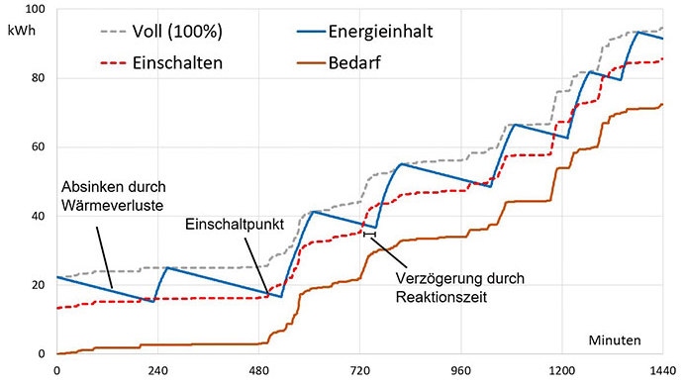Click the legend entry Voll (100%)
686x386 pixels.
click(x=177, y=32)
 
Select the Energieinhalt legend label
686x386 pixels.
click(x=381, y=32)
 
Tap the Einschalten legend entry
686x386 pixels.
click(x=177, y=63)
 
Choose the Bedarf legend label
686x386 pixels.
click(x=354, y=63)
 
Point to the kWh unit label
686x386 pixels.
click(x=22, y=31)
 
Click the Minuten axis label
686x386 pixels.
click(x=615, y=340)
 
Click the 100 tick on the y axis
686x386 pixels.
click(x=36, y=9)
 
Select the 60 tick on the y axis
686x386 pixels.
click(x=39, y=146)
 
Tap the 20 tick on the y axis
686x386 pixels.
click(x=39, y=285)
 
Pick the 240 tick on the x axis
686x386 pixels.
click(x=158, y=371)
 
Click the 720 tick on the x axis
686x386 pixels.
click(x=359, y=371)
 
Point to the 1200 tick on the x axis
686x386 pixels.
click(x=561, y=371)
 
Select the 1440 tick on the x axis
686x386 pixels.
click(x=663, y=371)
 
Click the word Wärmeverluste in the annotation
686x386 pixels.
click(x=113, y=205)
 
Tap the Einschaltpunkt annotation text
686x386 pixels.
click(x=235, y=225)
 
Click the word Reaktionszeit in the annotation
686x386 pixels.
click(x=441, y=297)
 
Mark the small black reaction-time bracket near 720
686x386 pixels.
click(x=369, y=235)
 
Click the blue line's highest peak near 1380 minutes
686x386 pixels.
click(x=638, y=33)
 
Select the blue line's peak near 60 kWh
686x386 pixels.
click(x=514, y=125)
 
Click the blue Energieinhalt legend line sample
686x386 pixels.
click(x=311, y=32)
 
